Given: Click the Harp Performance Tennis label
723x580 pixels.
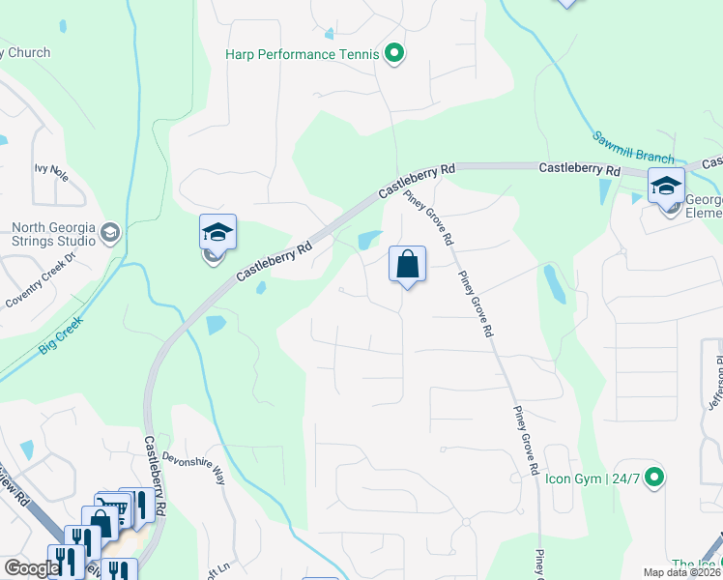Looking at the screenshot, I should point(302,54).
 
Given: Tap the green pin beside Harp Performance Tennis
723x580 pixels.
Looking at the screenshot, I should point(393,54).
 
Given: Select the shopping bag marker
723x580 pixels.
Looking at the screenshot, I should point(407,264).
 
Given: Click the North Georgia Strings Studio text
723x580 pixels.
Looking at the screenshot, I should point(52,236).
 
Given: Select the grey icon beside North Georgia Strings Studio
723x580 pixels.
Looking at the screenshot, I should point(110,231).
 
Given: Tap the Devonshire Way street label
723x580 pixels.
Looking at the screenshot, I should point(193,466).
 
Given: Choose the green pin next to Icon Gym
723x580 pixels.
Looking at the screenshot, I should point(654,477).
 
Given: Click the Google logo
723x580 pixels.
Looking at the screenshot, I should point(31,569).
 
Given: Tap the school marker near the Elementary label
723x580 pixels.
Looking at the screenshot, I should point(666,186).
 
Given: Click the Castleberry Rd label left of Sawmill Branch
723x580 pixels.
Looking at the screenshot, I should point(579,169).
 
